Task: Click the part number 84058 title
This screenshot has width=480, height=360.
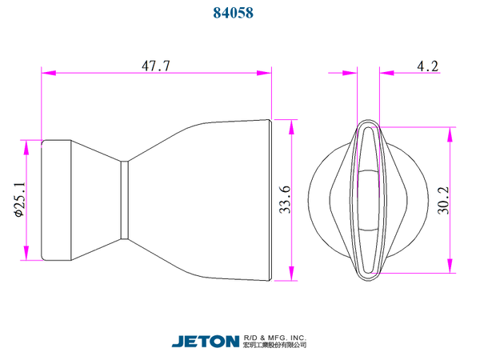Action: pyautogui.click(x=234, y=13)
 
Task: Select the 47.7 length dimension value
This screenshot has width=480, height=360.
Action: pyautogui.click(x=156, y=66)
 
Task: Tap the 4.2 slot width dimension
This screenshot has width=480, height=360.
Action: pyautogui.click(x=428, y=66)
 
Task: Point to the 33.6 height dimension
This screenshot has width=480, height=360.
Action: pyautogui.click(x=285, y=199)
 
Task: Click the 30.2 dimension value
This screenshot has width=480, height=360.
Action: pyautogui.click(x=443, y=201)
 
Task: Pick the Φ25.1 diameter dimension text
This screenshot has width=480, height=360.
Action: pyautogui.click(x=19, y=199)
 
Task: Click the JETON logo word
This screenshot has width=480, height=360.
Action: pyautogui.click(x=206, y=342)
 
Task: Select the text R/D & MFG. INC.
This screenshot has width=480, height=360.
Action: pyautogui.click(x=275, y=338)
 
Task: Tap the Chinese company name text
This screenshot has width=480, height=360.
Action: pyautogui.click(x=275, y=345)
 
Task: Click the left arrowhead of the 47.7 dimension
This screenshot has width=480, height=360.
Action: pyautogui.click(x=49, y=73)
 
